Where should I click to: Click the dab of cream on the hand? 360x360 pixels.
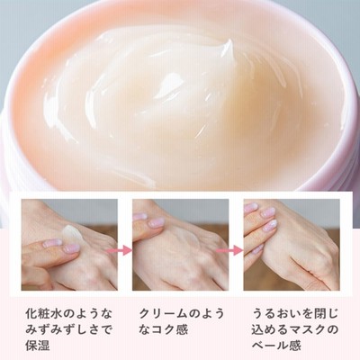click(73, 233)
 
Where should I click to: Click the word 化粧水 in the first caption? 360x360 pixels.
click(45, 314)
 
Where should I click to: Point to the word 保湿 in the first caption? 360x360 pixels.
click(37, 346)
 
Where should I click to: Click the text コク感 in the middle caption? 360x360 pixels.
click(169, 329)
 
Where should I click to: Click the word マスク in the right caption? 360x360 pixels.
click(304, 329)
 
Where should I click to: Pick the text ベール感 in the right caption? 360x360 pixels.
click(276, 346)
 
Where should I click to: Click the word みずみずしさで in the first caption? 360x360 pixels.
click(69, 329)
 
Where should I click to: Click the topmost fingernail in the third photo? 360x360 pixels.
click(251, 206)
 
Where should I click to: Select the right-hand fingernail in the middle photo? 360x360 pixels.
click(157, 222)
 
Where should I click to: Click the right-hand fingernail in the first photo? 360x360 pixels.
click(71, 247)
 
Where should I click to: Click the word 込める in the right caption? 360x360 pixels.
click(269, 329)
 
